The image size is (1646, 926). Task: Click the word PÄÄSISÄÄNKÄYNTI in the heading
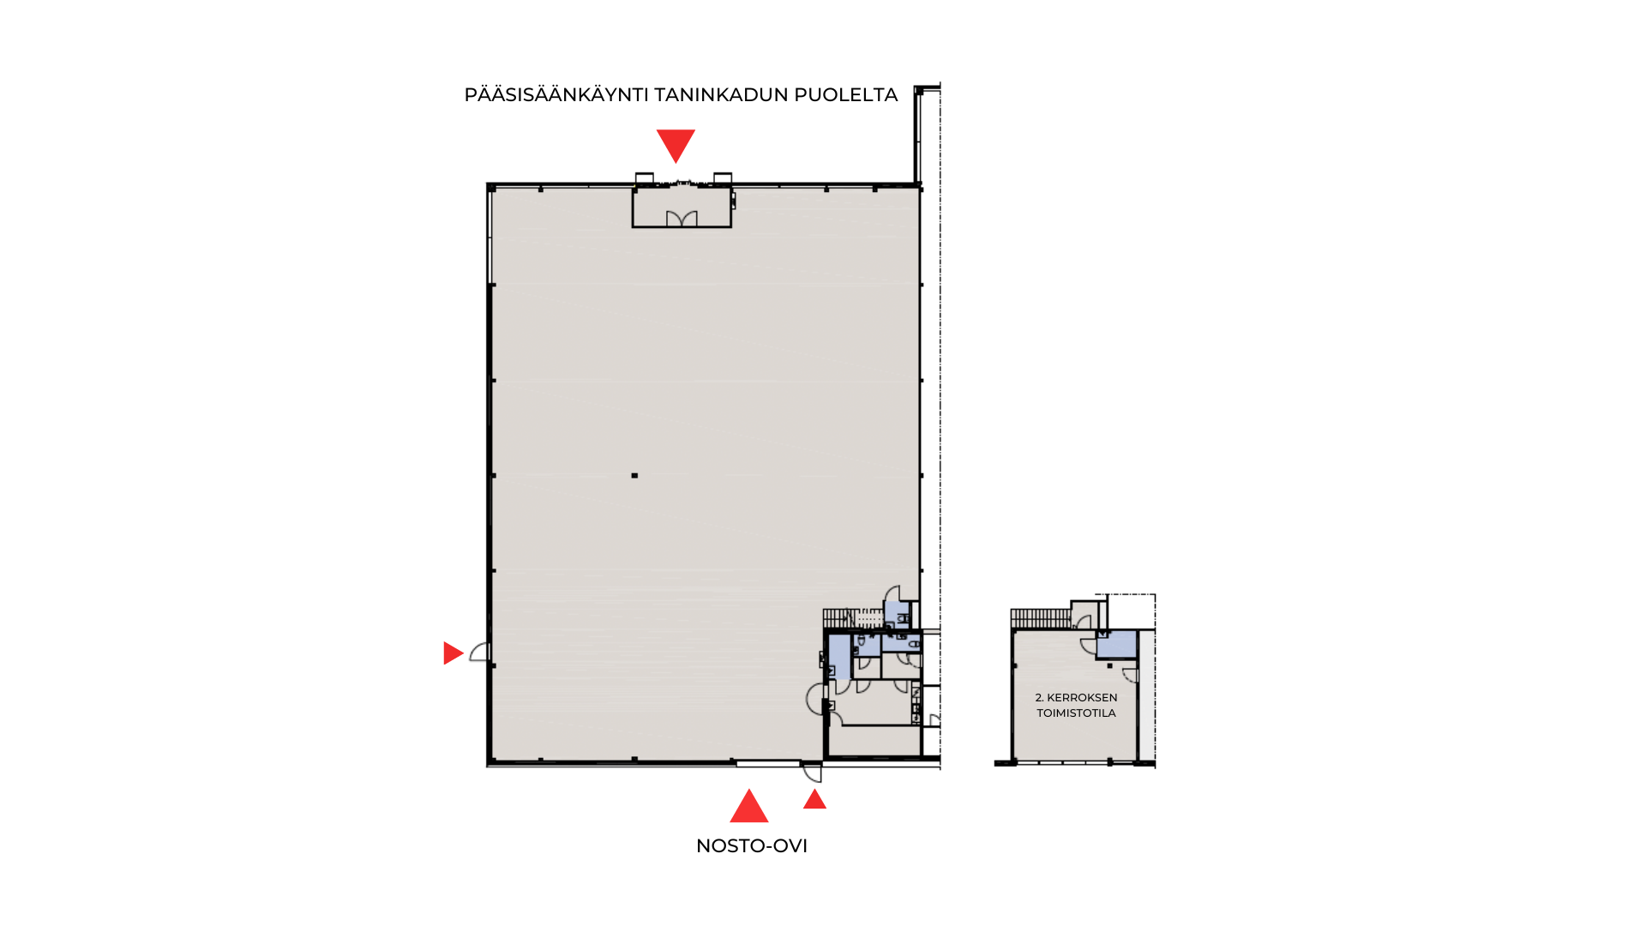tap(556, 94)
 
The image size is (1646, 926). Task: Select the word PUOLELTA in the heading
tap(846, 95)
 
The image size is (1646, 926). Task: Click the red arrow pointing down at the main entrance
tap(676, 145)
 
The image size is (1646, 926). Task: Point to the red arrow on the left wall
tap(453, 653)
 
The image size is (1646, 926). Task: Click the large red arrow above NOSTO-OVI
tap(748, 806)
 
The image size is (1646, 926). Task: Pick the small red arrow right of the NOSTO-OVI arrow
tap(814, 799)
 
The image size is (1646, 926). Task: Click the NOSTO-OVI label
tap(752, 846)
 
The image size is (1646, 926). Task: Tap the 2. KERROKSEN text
tap(1076, 698)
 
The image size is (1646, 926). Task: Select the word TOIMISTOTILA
tap(1076, 713)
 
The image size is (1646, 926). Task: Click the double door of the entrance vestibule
tap(682, 219)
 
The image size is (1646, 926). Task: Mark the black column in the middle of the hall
tap(634, 475)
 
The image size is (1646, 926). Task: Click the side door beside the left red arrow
tap(479, 652)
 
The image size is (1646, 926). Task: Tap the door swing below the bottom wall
tap(812, 773)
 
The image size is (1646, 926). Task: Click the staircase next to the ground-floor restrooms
tap(852, 618)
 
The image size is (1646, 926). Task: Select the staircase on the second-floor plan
tap(1041, 618)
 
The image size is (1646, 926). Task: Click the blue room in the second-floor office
tap(1117, 645)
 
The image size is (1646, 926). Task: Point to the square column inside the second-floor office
tap(1109, 665)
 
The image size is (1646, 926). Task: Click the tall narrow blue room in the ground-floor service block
tap(839, 656)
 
